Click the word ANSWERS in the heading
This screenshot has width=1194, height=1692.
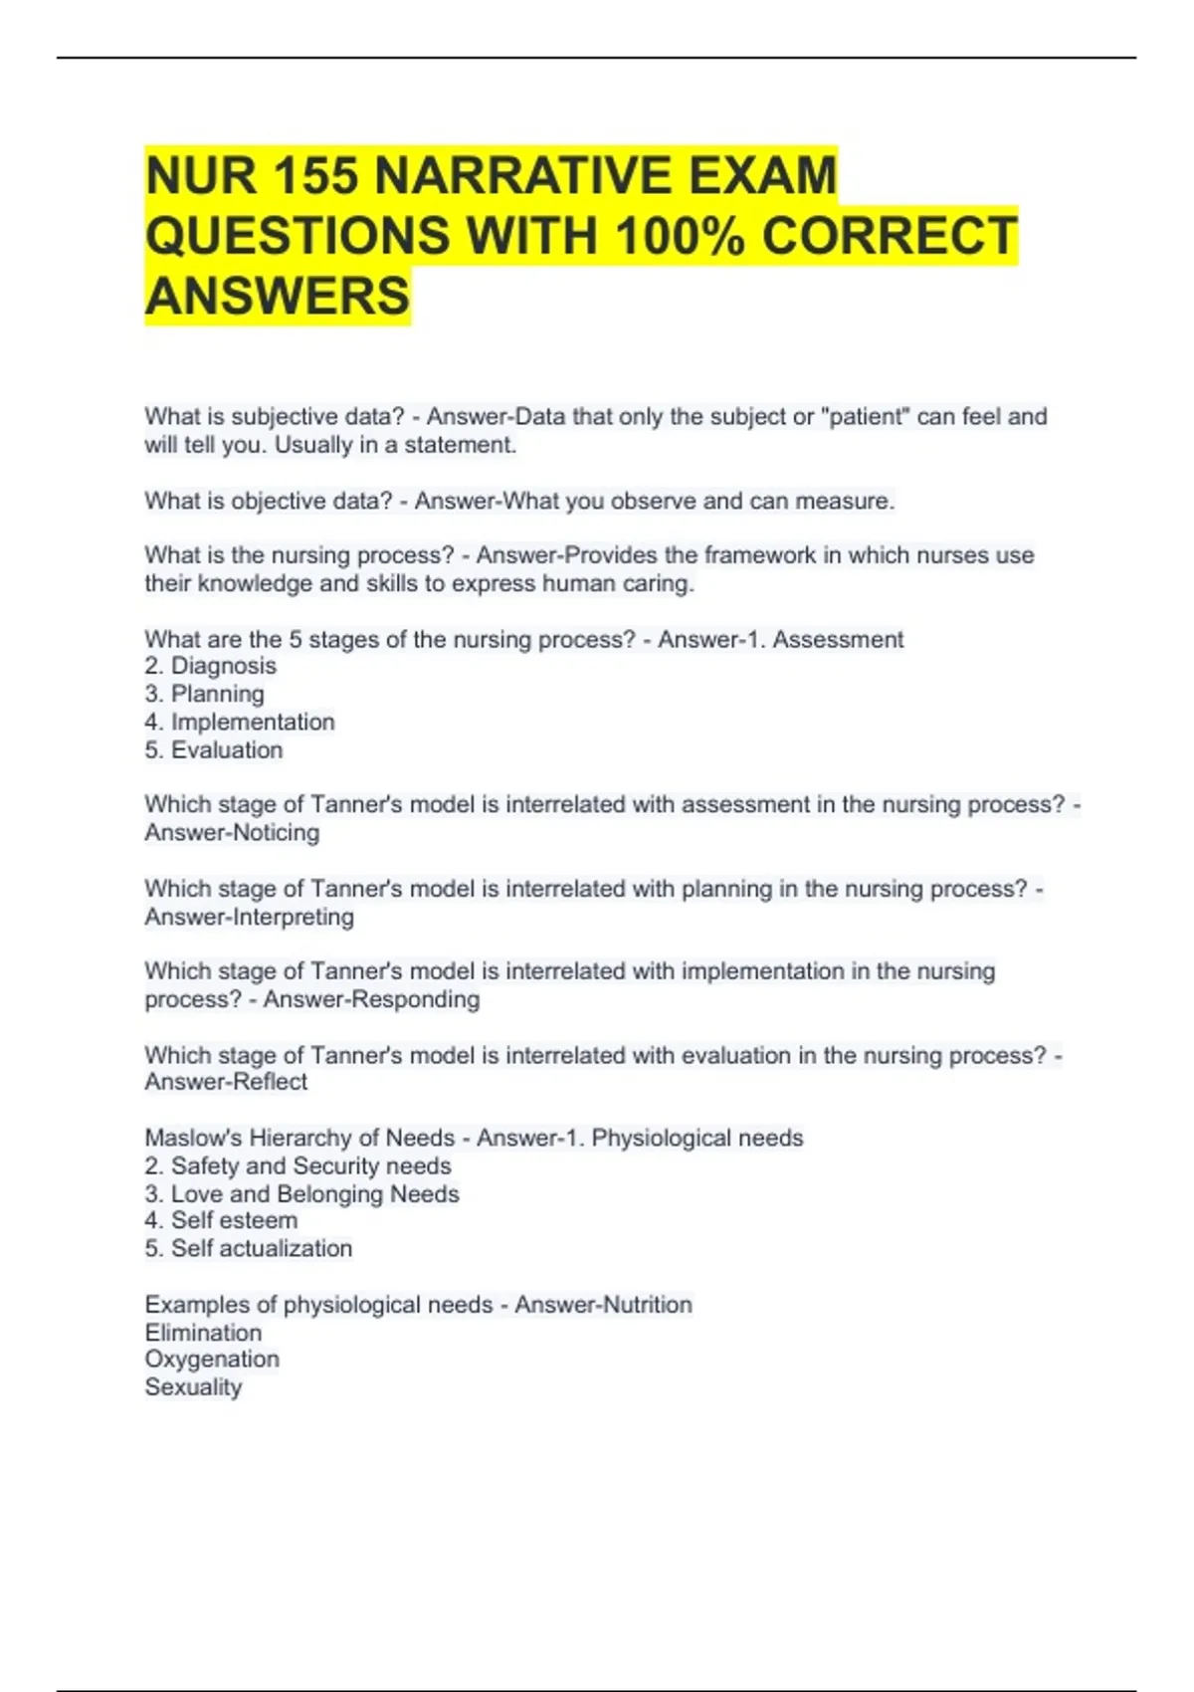click(278, 297)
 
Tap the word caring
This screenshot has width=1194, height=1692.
click(658, 583)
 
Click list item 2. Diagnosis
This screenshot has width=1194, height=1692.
click(211, 666)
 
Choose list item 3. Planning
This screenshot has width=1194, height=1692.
click(205, 694)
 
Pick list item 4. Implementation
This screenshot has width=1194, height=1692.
click(240, 722)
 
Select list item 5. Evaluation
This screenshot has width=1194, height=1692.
click(214, 749)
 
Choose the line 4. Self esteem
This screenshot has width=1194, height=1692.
click(221, 1220)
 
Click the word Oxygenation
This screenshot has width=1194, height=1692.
click(212, 1360)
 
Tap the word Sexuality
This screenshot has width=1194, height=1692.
click(193, 1387)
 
